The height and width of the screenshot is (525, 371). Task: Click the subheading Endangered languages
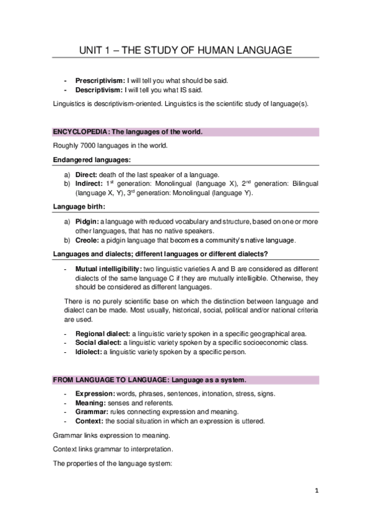click(86, 160)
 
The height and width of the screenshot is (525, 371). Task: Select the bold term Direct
click(86, 175)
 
